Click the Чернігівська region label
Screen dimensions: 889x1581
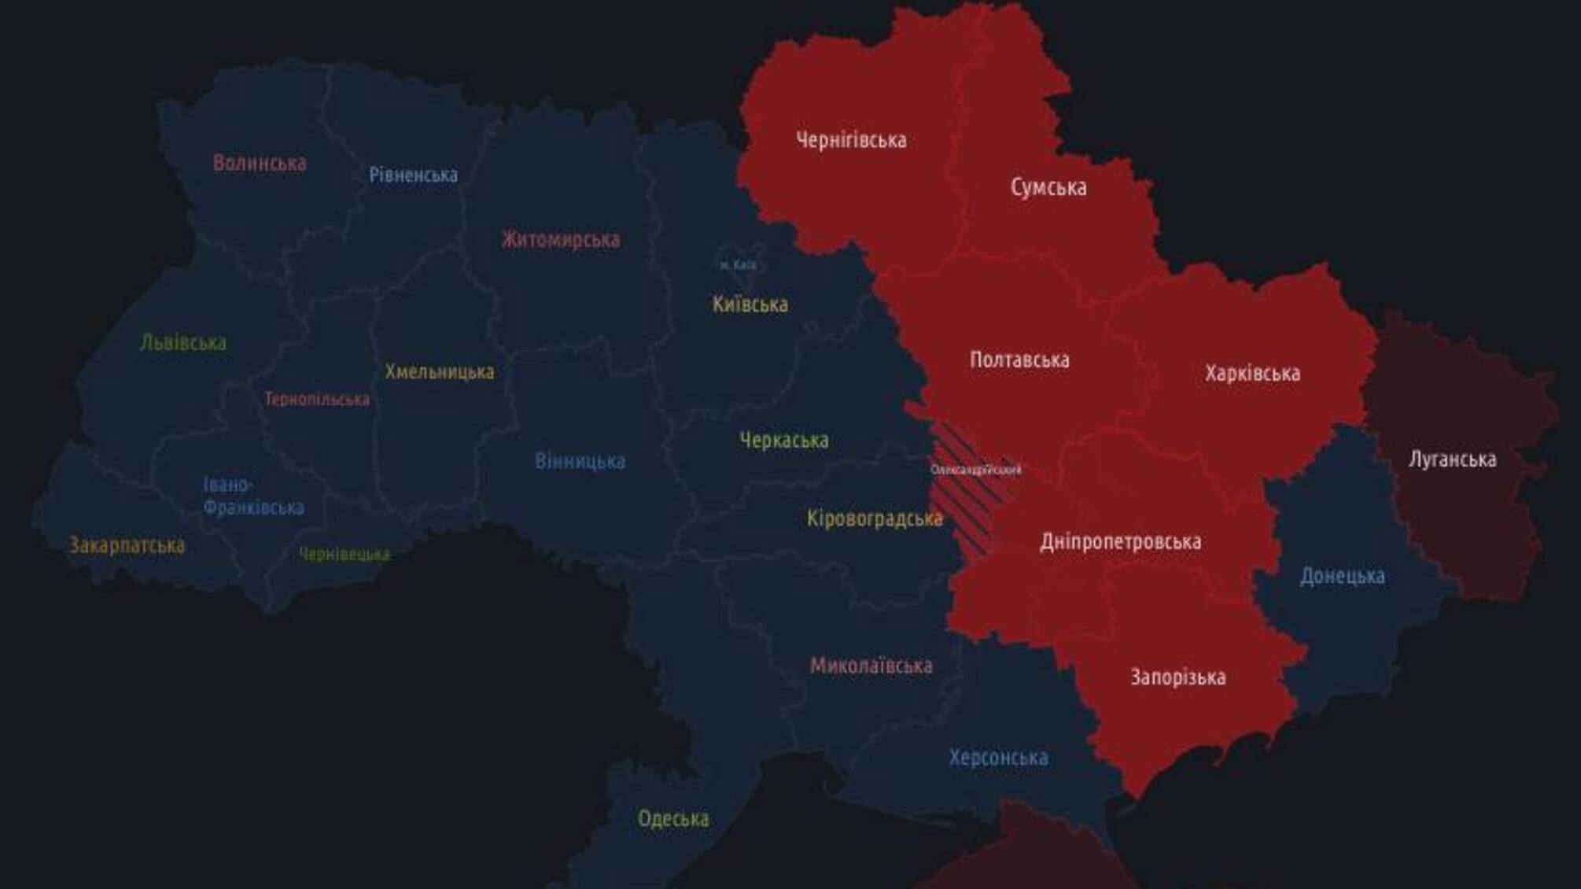851,141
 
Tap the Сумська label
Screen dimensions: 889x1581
1048,188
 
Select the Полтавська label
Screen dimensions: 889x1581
1019,360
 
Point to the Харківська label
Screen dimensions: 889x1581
1252,373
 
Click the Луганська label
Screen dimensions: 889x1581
1452,459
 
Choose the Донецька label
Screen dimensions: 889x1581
1342,577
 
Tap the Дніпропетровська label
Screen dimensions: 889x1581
1120,542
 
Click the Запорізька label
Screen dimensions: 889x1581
1177,677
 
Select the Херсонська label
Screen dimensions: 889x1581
998,758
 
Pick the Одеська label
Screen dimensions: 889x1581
673,819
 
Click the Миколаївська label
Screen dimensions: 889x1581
871,666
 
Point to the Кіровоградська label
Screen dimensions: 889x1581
875,519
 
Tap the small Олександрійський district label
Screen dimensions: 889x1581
975,470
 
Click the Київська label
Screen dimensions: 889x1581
750,304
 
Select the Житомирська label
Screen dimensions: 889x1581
561,239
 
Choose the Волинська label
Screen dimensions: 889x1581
260,164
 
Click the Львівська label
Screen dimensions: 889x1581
183,343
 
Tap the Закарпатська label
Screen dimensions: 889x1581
127,545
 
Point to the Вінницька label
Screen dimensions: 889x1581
580,461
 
